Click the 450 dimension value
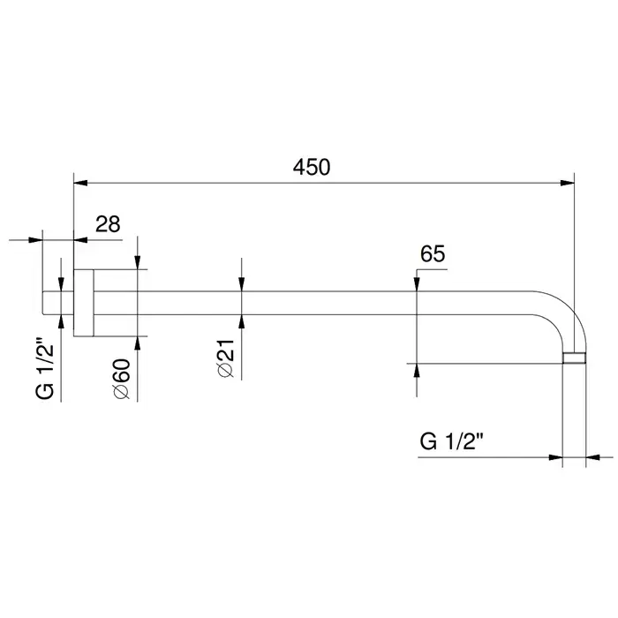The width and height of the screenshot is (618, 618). pos(312,167)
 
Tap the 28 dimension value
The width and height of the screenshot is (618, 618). pos(108,224)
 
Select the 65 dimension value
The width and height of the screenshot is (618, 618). pos(433,254)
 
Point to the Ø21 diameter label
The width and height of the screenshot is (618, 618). pos(226,358)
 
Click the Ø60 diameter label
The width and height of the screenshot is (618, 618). pos(122,379)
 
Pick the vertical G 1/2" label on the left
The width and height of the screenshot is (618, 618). pos(44,368)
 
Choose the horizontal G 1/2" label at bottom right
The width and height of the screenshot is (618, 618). pos(452,441)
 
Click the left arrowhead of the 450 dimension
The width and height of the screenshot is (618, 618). pos(81,184)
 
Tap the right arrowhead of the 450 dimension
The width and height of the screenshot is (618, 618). pos(567,184)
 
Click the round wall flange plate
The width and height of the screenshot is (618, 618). pos(84,303)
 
